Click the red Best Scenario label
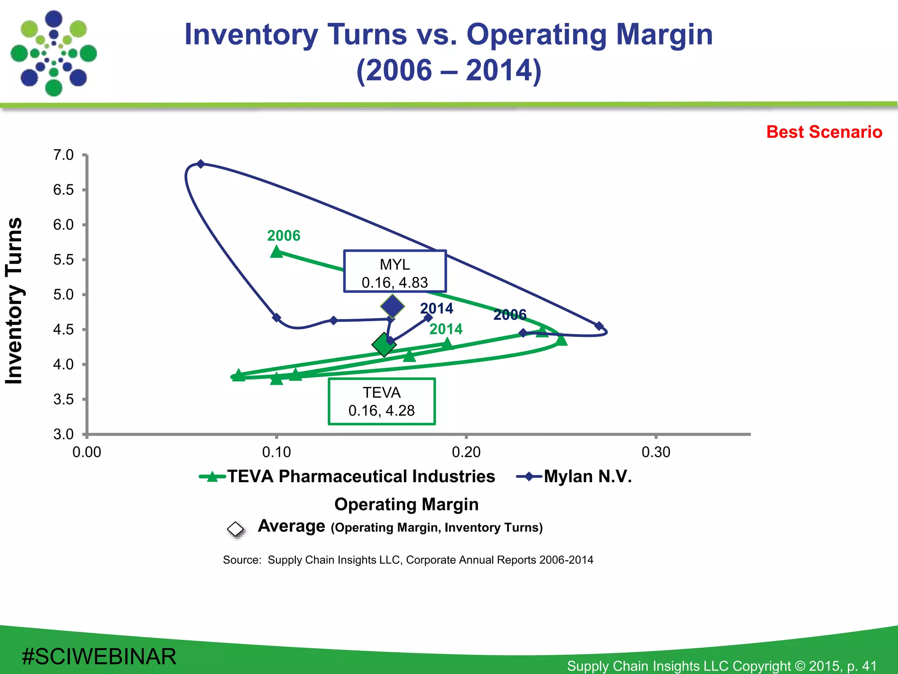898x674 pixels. coord(824,132)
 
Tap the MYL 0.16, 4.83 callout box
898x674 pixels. coord(395,272)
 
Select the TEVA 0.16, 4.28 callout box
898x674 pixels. coord(381,401)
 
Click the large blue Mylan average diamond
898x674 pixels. coord(392,306)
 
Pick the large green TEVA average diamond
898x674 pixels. coord(384,344)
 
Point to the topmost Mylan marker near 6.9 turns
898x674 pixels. coord(200,164)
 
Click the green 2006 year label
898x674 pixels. coord(284,236)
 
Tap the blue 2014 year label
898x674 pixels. coord(436,308)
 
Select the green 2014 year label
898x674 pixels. coord(445,329)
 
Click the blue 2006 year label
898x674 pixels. coord(510,315)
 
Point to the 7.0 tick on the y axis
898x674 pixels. coord(64,155)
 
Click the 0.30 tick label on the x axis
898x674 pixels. coord(656,452)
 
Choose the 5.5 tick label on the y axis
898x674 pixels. coord(64,260)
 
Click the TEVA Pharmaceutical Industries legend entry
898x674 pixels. coord(347,477)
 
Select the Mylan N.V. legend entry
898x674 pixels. coord(574,477)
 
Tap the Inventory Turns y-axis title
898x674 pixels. coord(14,301)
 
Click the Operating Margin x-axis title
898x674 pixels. coord(406,504)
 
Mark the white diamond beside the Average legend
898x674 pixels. coord(235,529)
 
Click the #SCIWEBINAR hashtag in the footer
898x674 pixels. coord(99,656)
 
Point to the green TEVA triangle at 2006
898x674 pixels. coord(277,252)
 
